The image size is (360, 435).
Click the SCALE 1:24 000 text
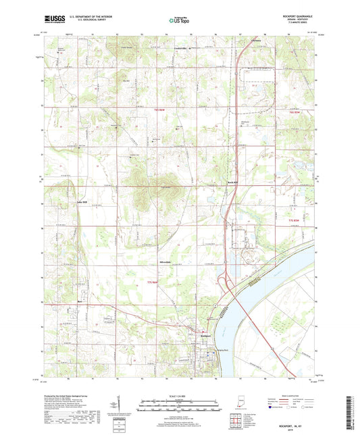tap(179, 395)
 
